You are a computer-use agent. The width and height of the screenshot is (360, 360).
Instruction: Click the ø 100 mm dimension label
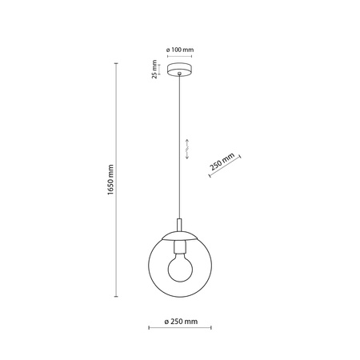coord(180,50)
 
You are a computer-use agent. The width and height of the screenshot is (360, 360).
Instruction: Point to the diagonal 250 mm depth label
coord(222,162)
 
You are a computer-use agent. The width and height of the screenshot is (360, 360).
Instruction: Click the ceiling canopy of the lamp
coord(180,71)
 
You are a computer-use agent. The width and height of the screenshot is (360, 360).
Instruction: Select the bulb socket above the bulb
coord(180,243)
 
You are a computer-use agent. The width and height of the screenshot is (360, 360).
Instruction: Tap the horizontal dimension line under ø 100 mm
coord(180,58)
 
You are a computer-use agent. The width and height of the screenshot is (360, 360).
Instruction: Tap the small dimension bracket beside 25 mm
coord(162,70)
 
